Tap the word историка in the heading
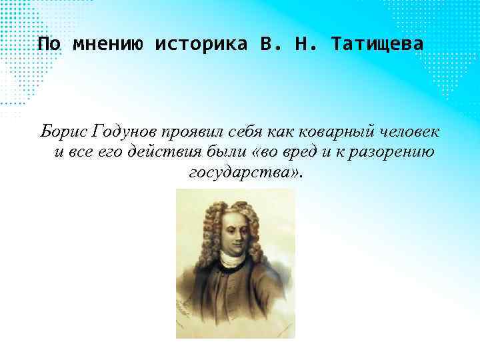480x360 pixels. [x=201, y=45]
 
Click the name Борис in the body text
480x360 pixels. [x=63, y=130]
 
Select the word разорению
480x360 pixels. [x=397, y=153]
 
